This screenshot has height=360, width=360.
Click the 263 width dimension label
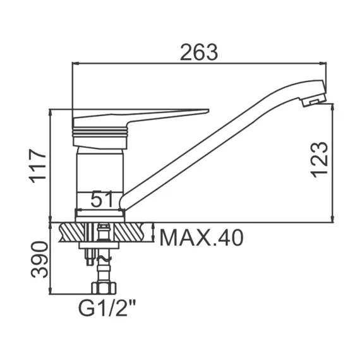(199, 52)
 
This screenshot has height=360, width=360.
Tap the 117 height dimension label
(37, 165)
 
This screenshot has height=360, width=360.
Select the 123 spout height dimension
(319, 160)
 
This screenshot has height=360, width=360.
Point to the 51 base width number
(102, 199)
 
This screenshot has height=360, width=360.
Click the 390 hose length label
(40, 260)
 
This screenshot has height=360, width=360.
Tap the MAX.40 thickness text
(201, 238)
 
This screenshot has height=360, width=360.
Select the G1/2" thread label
(107, 308)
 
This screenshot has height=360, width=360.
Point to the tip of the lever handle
(208, 111)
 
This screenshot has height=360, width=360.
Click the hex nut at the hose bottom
(104, 288)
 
